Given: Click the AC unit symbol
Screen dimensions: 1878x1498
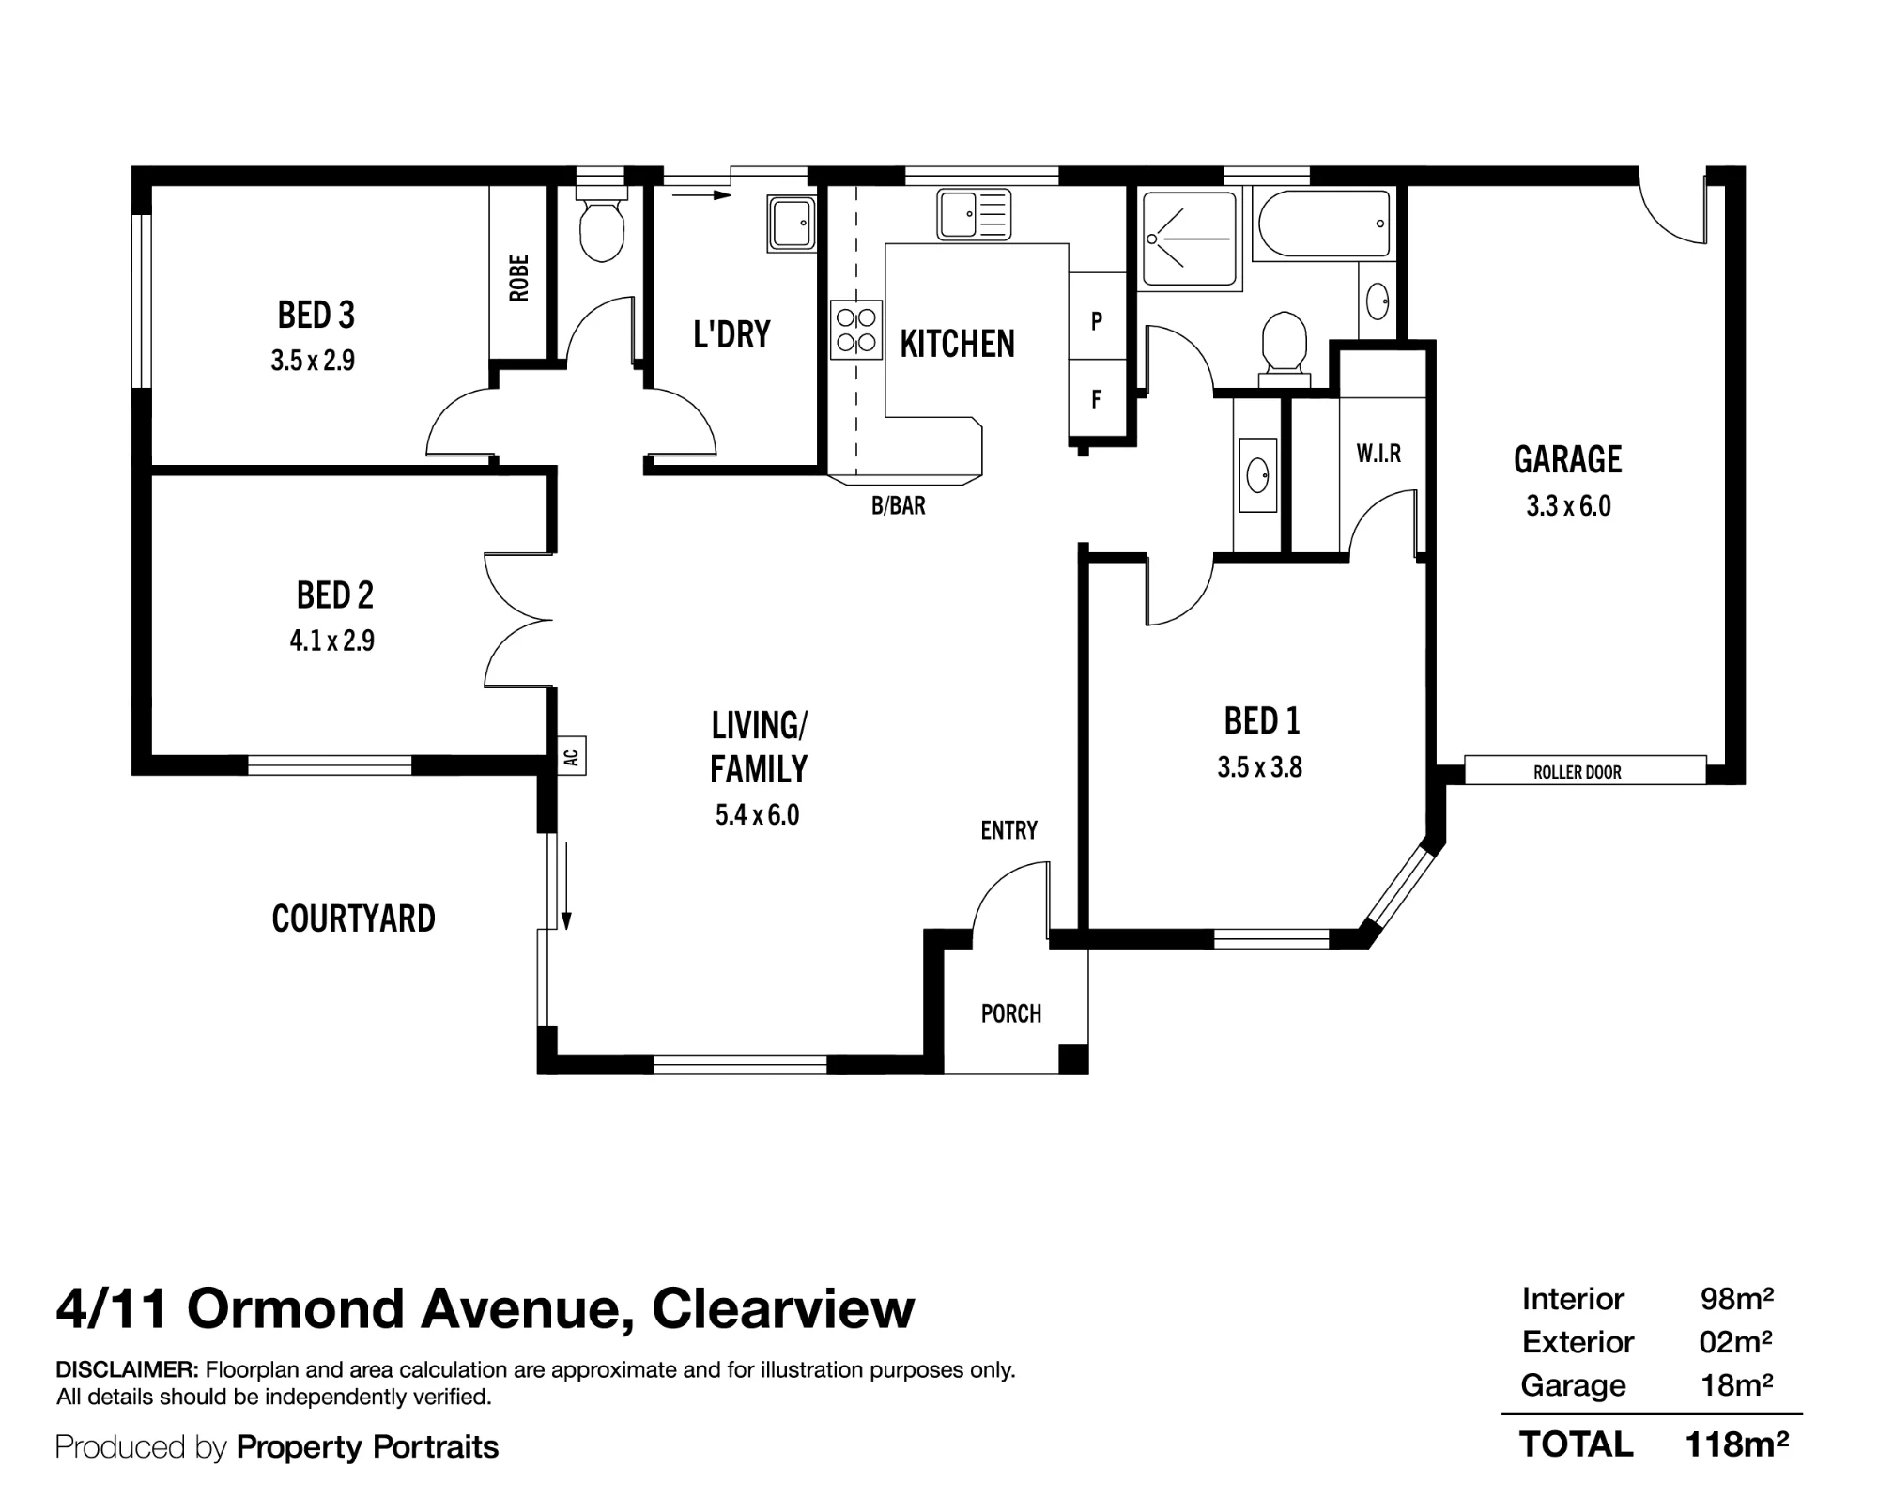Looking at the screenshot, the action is (572, 755).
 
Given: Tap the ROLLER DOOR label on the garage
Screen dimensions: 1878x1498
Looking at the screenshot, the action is (1578, 772).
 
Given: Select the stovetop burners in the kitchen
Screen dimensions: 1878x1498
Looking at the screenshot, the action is (856, 330).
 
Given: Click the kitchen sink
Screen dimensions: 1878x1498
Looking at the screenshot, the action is (974, 214).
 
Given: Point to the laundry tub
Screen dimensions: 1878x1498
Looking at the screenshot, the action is (792, 223).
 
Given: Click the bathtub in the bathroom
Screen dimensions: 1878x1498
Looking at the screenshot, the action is (1323, 223).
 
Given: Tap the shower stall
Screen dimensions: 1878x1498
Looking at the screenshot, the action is (1190, 239).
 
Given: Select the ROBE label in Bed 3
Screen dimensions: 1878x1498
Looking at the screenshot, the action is (518, 277).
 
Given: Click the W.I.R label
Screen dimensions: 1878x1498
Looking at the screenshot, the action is (1378, 454).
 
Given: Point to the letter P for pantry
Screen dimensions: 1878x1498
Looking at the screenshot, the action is (1096, 321).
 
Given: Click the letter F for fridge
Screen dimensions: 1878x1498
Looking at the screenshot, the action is (1096, 400).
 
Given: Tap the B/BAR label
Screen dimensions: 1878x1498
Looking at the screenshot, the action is (899, 506).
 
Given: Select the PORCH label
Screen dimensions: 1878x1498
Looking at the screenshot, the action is (1011, 1013).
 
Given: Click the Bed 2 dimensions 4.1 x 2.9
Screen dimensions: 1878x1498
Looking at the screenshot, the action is (332, 641).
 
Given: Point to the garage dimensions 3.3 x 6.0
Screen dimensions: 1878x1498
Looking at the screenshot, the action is (1568, 506).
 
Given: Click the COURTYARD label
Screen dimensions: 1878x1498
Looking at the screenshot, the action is (354, 919).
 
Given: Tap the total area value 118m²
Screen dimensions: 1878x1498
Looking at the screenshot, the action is (1736, 1444).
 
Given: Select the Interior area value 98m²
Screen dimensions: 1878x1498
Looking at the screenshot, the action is (1737, 1299).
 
